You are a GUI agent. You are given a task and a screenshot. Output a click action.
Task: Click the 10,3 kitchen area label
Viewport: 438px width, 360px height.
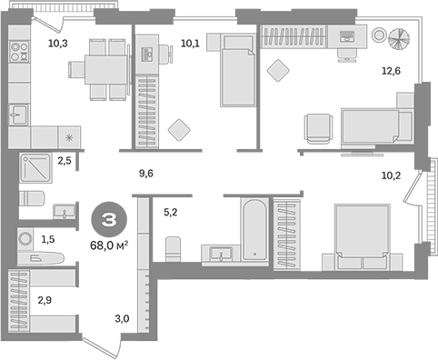click(x=58, y=44)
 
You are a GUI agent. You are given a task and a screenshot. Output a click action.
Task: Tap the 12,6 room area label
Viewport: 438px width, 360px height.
click(x=391, y=71)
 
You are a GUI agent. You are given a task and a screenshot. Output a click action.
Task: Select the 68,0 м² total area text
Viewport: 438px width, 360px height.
click(x=109, y=245)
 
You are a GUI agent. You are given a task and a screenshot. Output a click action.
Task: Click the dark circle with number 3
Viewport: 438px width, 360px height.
click(x=109, y=220)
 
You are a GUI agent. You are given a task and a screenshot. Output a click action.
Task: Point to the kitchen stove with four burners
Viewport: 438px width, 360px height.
click(x=19, y=51)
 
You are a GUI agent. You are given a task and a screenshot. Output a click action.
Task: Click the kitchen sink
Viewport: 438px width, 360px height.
click(x=18, y=115)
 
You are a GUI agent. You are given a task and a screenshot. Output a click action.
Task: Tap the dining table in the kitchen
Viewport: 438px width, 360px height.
click(x=105, y=69)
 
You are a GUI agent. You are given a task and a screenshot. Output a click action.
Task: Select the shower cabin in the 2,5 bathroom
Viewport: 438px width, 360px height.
click(x=35, y=168)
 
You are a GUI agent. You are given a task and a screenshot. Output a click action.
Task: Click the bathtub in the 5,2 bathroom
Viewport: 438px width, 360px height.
click(x=255, y=229)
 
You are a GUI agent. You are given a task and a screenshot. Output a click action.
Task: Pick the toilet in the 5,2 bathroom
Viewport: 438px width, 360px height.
click(x=173, y=249)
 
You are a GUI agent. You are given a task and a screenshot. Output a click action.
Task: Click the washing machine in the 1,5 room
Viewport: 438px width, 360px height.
click(x=25, y=238)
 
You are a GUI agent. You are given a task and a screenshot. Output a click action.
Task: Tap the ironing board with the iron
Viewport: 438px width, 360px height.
click(x=41, y=258)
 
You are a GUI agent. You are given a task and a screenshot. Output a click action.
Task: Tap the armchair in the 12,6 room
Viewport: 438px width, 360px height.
click(x=318, y=128)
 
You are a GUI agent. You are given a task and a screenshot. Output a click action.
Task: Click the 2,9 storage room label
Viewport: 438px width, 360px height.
click(x=45, y=300)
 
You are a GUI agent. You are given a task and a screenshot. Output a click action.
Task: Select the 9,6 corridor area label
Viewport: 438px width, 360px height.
click(x=146, y=174)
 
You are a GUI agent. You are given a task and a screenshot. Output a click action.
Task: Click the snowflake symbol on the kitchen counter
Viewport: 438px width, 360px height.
click(x=70, y=138)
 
